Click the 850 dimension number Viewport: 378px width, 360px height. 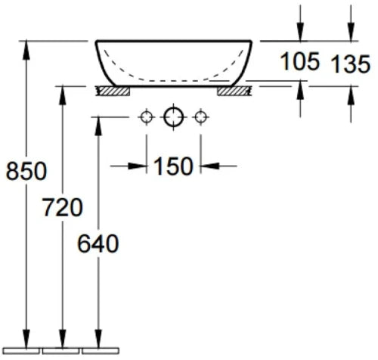click(26, 171)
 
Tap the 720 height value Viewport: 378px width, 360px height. click(63, 207)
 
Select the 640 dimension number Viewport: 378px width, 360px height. click(98, 244)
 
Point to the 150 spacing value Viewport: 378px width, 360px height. click(173, 166)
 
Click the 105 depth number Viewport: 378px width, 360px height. click(300, 61)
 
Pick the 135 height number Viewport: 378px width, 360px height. click(351, 64)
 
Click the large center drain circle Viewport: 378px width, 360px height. click(173, 117)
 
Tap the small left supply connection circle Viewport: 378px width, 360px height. click(147, 117)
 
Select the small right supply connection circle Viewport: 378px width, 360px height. click(200, 117)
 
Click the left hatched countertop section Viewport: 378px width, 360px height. click(113, 91)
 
